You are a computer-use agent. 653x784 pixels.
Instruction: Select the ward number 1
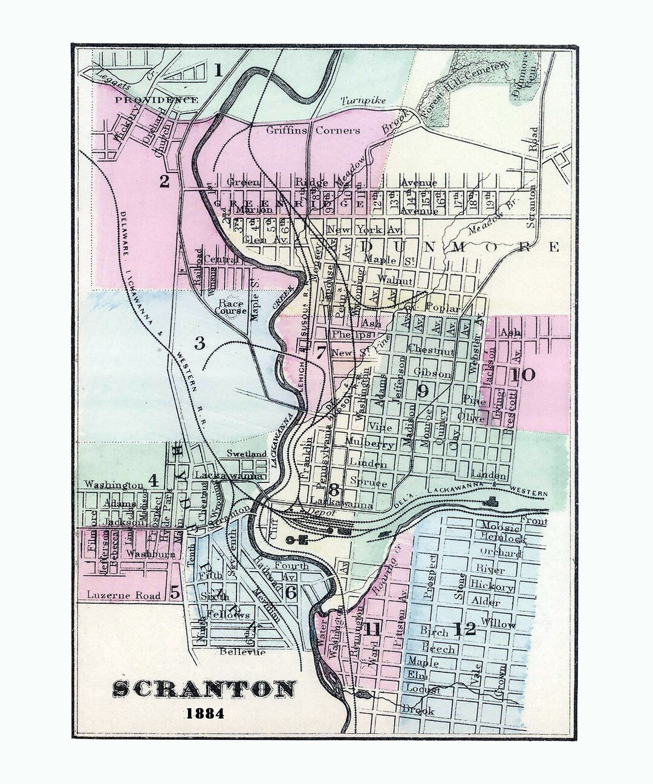pos(218,71)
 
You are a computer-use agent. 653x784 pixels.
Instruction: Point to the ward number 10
pos(522,374)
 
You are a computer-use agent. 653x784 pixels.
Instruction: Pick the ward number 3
pos(200,344)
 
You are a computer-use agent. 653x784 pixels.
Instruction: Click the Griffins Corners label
pos(313,130)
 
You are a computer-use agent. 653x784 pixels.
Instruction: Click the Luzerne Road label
pos(123,595)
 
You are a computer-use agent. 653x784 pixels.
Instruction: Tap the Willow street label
pos(499,624)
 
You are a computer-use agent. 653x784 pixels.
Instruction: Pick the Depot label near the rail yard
pos(322,512)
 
